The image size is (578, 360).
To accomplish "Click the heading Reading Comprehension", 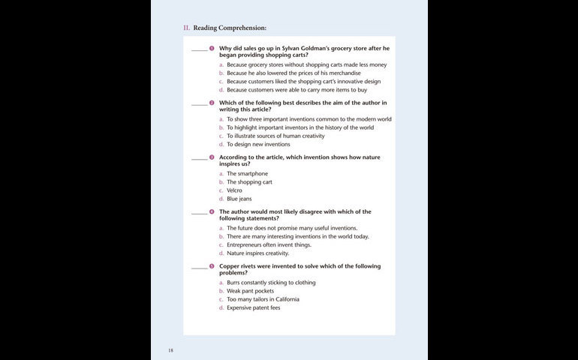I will [x=230, y=28].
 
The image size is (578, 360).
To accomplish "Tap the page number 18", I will [x=170, y=349].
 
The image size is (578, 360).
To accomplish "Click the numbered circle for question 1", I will [x=212, y=48].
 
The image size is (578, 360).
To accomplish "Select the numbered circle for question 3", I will [x=212, y=157].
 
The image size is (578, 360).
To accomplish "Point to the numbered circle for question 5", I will [x=212, y=266].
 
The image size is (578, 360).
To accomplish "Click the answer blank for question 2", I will [x=199, y=103].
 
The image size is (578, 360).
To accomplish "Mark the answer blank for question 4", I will [x=199, y=213].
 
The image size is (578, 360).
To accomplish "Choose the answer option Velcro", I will [x=234, y=190].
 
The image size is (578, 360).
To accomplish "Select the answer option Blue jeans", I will [x=239, y=199].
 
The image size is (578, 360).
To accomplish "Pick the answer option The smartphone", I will [x=247, y=174].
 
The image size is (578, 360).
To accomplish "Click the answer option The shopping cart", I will [x=249, y=182].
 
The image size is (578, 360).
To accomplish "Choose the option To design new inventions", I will [x=258, y=144].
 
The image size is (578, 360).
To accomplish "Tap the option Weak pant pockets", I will [x=250, y=291].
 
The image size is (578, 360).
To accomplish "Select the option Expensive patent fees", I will [x=253, y=307].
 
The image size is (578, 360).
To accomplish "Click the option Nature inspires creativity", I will [x=257, y=253].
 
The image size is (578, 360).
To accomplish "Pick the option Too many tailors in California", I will [x=263, y=299].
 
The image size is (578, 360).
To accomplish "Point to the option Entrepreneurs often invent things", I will [x=270, y=245].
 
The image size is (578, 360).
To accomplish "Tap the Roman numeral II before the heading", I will [x=186, y=28].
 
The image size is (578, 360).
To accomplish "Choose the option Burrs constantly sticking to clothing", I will [x=271, y=283].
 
